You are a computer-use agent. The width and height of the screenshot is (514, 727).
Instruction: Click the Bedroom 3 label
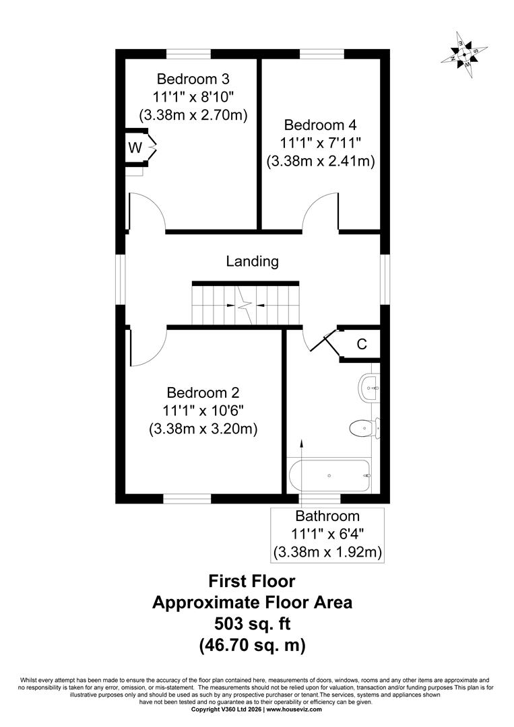pos(193,78)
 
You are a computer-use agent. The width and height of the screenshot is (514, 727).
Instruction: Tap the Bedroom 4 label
pos(321,125)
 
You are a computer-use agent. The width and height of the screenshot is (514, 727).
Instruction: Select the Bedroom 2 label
pos(203,392)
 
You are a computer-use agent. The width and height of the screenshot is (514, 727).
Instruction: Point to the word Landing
pos(253,261)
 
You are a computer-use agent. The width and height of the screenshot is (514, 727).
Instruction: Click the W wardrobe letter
pos(135,148)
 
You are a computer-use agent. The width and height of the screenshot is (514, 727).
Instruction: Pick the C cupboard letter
pos(362,344)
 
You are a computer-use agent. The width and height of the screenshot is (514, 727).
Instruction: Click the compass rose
pos(464,55)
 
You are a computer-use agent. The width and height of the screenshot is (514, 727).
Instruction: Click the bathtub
pos(329,476)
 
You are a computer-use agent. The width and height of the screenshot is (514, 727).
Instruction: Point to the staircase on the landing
pos(245,305)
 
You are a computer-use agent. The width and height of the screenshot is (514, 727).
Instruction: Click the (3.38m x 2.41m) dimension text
pos(321,162)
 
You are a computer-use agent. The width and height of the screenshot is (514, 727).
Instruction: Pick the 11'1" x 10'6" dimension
pos(203,411)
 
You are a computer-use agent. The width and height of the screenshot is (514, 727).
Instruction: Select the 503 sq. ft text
pos(253,623)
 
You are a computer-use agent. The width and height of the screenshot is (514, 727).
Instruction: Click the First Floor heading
pos(252,581)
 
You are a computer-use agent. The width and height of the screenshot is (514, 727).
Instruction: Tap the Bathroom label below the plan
pos(327,516)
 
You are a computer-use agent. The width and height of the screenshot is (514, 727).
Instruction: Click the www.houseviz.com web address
pos(294,722)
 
